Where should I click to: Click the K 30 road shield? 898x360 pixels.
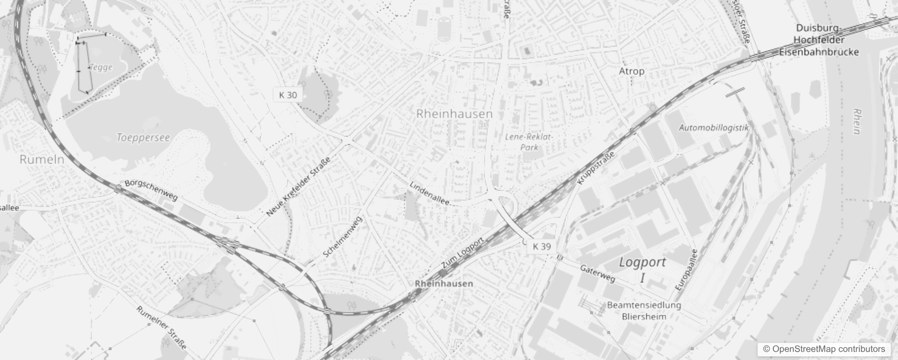coord(288,95)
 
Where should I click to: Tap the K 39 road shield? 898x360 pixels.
coord(542,246)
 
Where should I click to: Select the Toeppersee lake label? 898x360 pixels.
coord(143,138)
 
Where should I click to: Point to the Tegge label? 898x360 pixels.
coord(101,67)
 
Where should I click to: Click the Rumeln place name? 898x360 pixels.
coord(42,159)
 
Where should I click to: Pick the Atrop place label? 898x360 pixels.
coord(632,71)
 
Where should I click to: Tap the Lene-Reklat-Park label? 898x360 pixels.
coord(529,142)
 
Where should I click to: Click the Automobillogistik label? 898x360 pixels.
coord(714,128)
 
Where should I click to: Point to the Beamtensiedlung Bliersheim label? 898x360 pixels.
coord(644,310)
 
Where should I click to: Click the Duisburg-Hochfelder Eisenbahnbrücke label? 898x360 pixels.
coord(819,40)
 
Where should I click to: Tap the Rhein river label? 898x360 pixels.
coord(857,121)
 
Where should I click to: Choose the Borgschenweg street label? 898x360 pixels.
coord(151,190)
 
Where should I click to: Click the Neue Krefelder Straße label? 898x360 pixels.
coord(298,187)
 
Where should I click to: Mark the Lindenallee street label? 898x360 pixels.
coord(430,193)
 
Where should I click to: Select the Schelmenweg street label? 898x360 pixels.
coord(343,237)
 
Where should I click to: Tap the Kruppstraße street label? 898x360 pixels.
coord(595,168)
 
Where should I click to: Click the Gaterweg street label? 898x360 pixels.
coord(597,273)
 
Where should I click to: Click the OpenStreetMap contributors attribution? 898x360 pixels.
coord(824,349)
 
